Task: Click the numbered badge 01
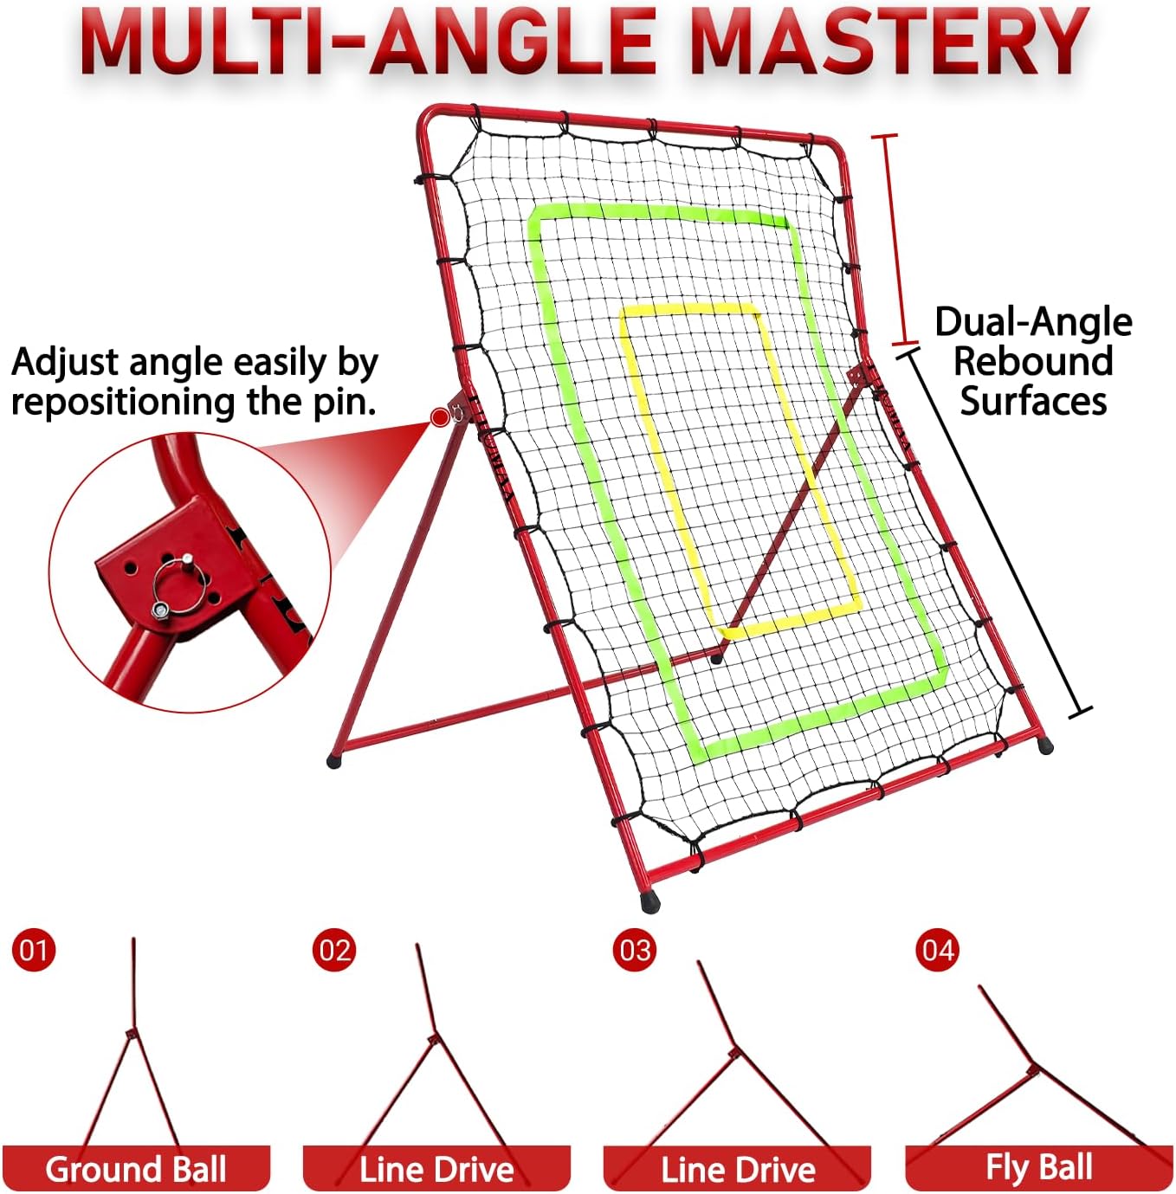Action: [34, 950]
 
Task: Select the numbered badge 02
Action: [333, 950]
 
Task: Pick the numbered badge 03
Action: [635, 950]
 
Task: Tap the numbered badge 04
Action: [937, 950]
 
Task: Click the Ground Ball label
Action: [136, 1169]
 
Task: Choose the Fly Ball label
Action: [1038, 1167]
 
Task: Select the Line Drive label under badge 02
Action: [436, 1169]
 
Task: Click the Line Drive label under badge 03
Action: [738, 1169]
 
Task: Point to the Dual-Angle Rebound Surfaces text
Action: [1033, 361]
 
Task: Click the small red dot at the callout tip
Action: [440, 418]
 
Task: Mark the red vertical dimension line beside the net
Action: [893, 239]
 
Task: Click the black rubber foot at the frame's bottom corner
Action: [649, 902]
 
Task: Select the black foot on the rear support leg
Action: [334, 761]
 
